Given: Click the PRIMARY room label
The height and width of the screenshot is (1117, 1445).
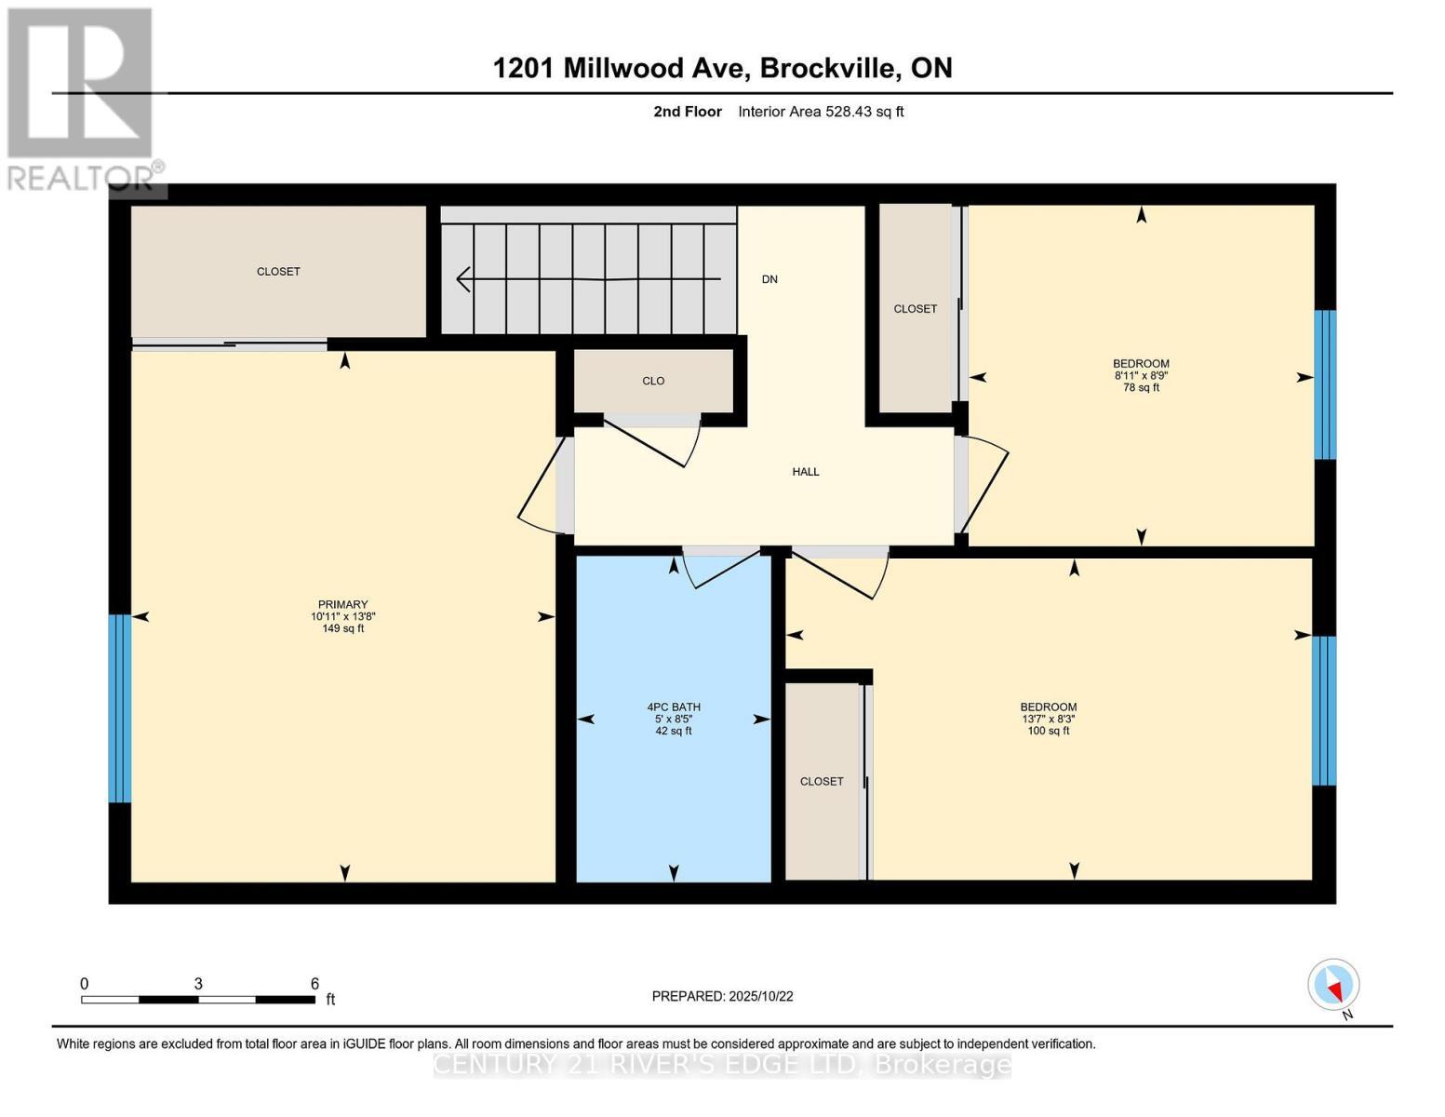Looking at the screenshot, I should point(342,604).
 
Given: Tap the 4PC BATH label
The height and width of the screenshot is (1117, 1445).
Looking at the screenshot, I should point(674,707).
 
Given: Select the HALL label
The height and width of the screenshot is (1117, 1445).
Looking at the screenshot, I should point(806,472).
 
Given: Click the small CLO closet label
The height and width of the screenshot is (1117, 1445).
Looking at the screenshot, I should point(653,381).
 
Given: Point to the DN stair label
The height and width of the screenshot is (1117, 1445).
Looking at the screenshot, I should point(769,279).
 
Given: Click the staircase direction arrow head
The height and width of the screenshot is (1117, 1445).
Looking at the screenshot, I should point(462,278).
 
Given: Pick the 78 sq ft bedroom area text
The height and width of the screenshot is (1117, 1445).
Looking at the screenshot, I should point(1141,388).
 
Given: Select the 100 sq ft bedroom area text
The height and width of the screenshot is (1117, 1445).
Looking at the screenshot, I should point(1048,732).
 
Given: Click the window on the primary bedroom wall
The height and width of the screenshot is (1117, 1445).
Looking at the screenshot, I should point(120,707).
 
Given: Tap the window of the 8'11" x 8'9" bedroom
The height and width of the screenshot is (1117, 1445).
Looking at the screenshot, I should point(1324,384).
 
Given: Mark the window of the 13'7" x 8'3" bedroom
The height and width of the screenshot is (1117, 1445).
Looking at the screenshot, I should point(1323,710).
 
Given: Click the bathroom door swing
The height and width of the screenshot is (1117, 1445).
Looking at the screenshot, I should point(721,568).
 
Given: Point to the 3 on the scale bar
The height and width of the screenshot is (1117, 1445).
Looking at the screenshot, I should point(198,984).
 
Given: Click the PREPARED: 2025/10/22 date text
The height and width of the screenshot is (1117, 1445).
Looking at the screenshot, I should point(722,996).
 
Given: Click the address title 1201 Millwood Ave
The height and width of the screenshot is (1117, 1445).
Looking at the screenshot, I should point(722,68).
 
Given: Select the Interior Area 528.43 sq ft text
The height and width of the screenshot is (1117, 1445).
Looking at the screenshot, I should point(821,112).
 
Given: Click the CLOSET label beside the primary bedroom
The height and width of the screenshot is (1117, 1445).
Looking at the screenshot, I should point(278,272).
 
